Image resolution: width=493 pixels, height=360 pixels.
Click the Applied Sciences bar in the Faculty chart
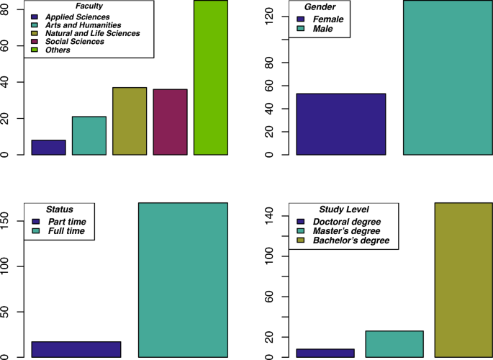(x=48, y=148)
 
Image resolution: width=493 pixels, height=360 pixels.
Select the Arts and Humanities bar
(x=89, y=135)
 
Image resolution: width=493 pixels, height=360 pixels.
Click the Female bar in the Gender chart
(x=340, y=124)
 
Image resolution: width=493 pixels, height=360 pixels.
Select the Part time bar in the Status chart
(x=76, y=349)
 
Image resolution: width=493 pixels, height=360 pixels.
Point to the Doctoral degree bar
(x=325, y=353)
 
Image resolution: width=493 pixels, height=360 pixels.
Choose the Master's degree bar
(x=394, y=344)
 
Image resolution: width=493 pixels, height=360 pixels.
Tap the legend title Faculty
(x=89, y=6)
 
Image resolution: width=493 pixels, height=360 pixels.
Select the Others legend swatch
(x=34, y=50)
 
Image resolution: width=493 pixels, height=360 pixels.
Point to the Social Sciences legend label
(x=75, y=42)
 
